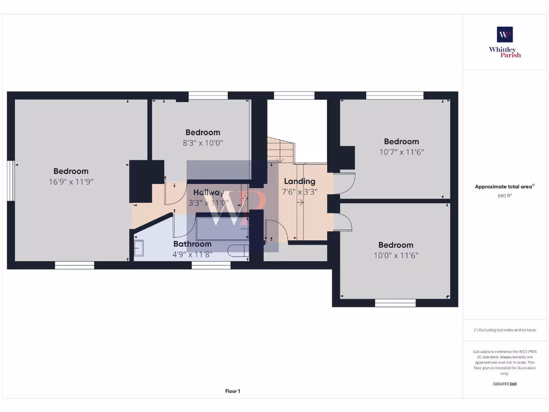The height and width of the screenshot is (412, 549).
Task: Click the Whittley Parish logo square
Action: click(x=505, y=34)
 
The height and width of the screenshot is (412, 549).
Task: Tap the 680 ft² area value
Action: click(x=505, y=196)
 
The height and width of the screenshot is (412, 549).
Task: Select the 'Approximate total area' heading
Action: click(x=504, y=187)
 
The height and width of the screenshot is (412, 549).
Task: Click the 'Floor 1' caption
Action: click(x=232, y=391)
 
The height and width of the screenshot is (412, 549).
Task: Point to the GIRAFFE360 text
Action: click(x=505, y=384)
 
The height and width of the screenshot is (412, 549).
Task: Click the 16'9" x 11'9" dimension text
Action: click(x=71, y=182)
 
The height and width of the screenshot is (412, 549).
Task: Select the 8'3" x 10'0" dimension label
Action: click(x=203, y=143)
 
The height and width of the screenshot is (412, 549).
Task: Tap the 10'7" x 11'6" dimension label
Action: click(x=401, y=152)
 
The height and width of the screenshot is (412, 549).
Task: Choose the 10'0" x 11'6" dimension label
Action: click(x=396, y=255)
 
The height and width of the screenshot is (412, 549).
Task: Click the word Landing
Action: click(x=300, y=181)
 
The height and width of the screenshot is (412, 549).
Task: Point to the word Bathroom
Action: click(x=192, y=244)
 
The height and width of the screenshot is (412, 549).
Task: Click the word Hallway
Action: click(x=209, y=193)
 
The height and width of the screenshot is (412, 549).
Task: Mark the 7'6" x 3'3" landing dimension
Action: click(x=300, y=192)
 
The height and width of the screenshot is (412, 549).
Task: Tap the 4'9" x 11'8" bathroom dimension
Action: click(x=192, y=254)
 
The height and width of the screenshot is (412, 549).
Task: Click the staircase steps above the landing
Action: click(x=281, y=150)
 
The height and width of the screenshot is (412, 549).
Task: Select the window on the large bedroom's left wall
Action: click(x=10, y=181)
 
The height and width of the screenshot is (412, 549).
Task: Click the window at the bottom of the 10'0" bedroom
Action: click(x=395, y=303)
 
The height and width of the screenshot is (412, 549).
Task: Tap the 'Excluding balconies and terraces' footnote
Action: click(x=505, y=330)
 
